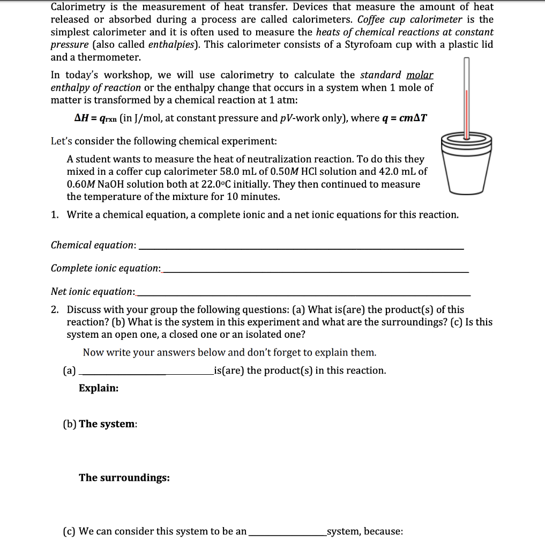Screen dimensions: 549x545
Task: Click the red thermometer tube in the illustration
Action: [466, 115]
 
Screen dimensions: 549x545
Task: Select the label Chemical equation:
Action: [93, 245]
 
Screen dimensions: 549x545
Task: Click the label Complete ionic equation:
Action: [106, 268]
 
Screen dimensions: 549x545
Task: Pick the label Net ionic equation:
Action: [93, 292]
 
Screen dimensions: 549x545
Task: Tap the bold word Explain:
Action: [99, 388]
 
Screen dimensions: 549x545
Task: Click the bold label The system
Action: [107, 424]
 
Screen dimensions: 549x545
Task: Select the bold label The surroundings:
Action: [124, 478]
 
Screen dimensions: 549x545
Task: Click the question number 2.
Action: [55, 310]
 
